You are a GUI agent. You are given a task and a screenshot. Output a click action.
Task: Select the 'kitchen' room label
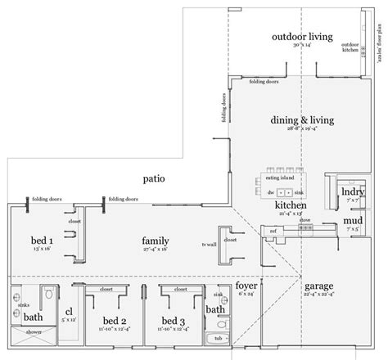pyautogui.click(x=290, y=205)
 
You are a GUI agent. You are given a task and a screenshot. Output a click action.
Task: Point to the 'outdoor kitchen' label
pyautogui.click(x=350, y=47)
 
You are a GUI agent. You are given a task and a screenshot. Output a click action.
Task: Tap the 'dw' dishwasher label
pyautogui.click(x=271, y=191)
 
